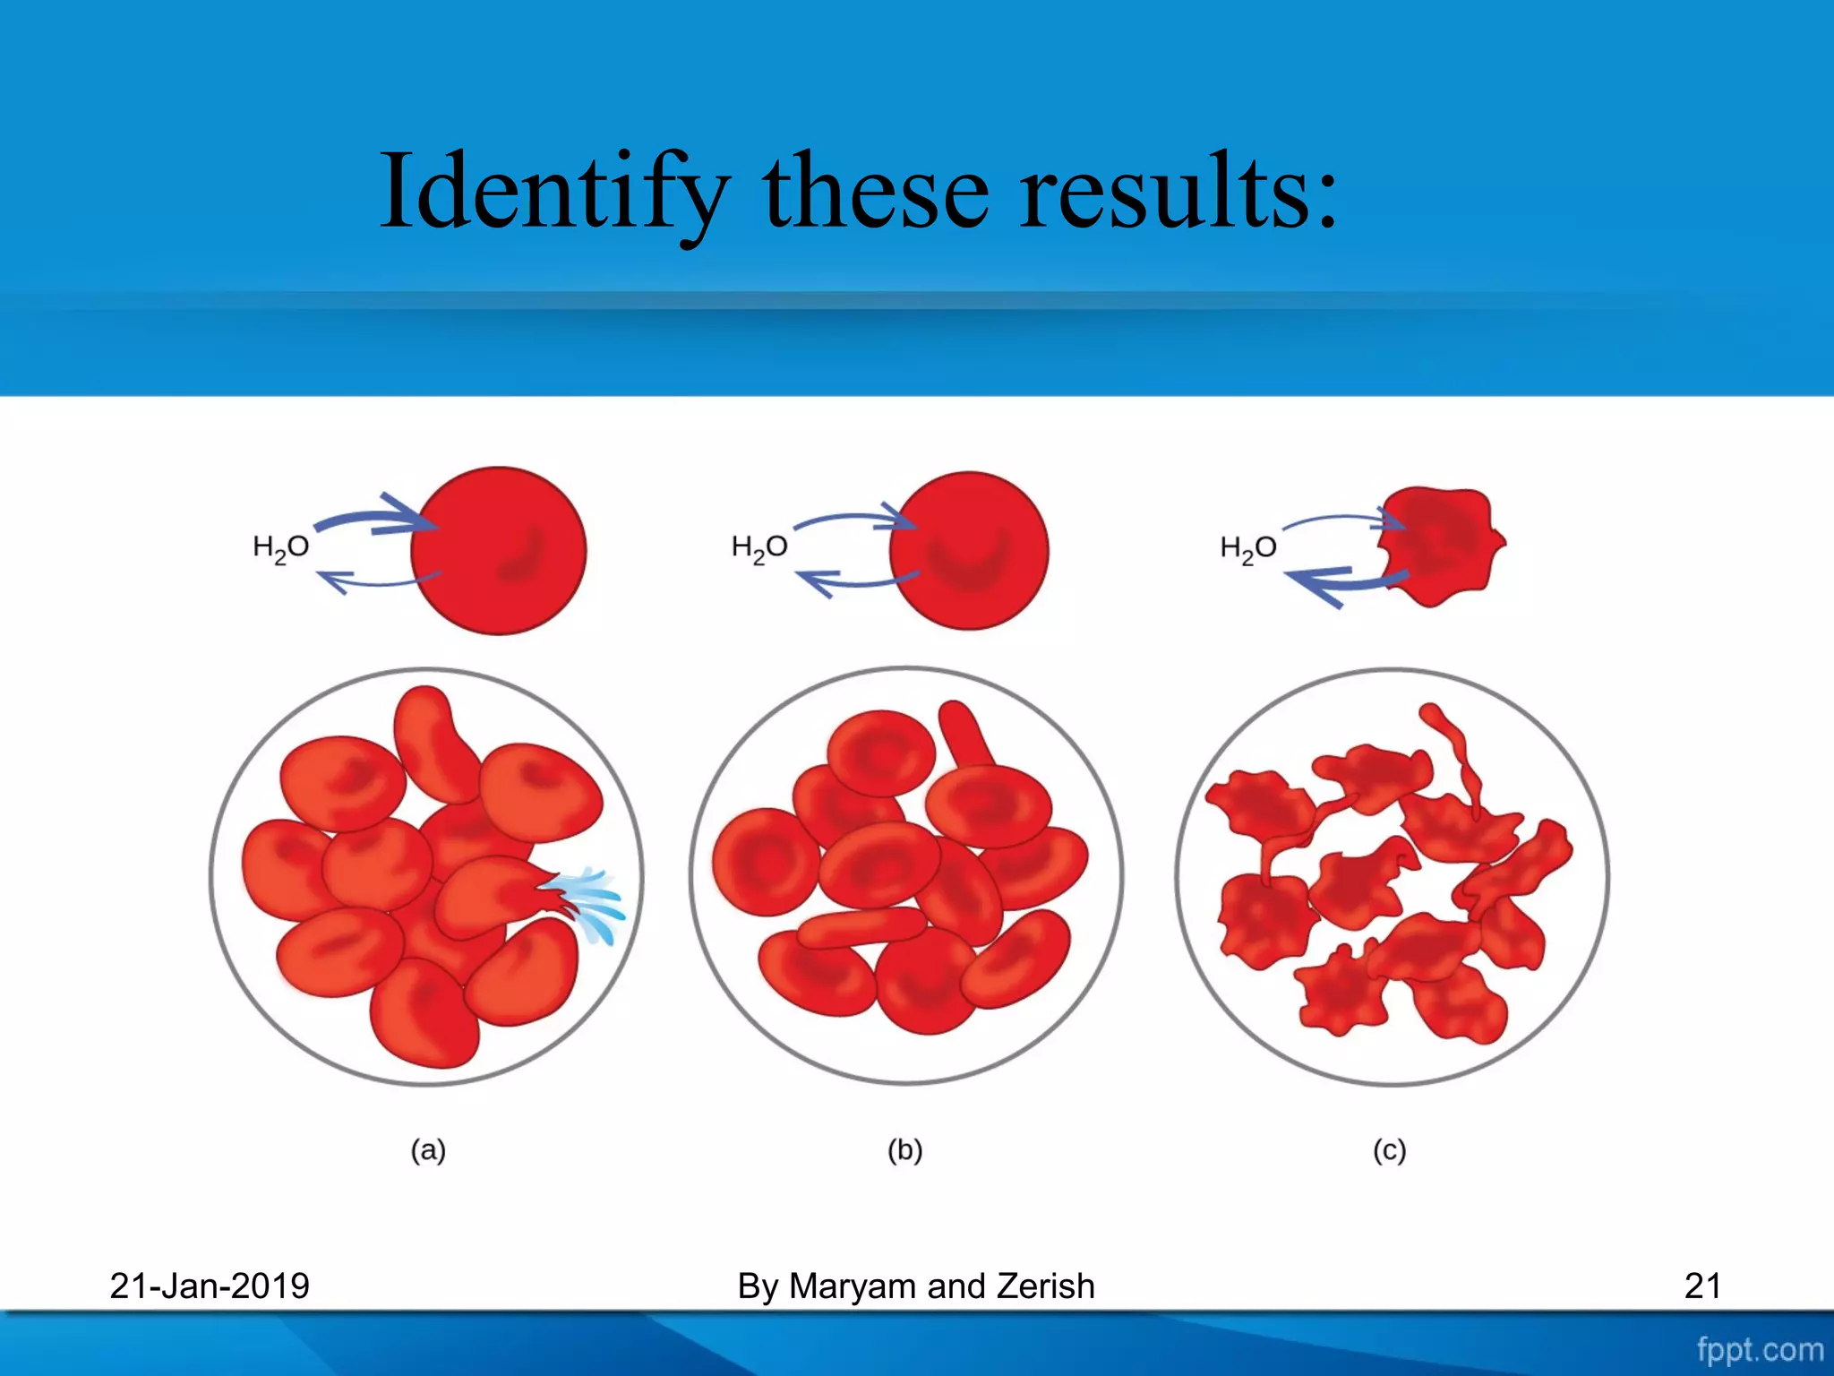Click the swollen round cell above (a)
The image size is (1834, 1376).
click(x=499, y=551)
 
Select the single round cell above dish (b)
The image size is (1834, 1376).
click(x=969, y=551)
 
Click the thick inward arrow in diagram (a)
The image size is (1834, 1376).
click(x=376, y=519)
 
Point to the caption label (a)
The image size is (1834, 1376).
click(x=428, y=1149)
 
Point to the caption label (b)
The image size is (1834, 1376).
click(x=904, y=1149)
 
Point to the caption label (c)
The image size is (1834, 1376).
click(x=1389, y=1149)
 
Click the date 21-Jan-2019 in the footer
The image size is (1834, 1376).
click(x=210, y=1286)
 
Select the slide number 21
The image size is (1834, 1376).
click(x=1701, y=1286)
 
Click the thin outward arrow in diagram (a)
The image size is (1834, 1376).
click(x=376, y=582)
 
